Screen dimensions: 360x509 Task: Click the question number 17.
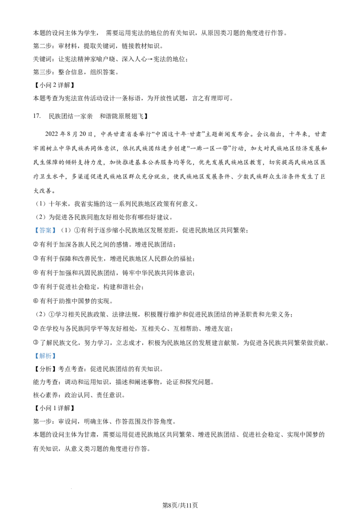[x=37, y=116]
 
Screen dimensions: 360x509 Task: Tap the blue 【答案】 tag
[x=45, y=230]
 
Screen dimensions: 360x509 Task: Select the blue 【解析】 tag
[x=45, y=356]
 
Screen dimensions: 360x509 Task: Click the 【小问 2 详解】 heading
[x=54, y=85]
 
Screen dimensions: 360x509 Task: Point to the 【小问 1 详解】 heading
[x=54, y=408]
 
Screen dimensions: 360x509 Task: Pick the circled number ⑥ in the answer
[x=36, y=301]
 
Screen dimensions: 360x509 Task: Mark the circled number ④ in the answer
[x=36, y=272]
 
